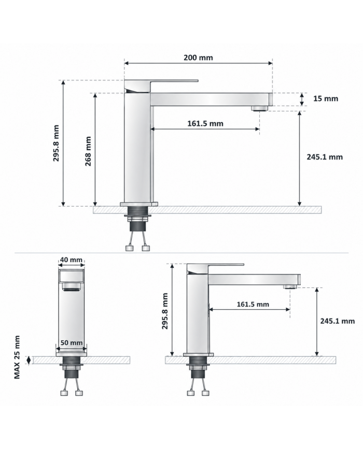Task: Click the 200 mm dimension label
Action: point(198,57)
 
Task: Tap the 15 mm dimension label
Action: point(326,99)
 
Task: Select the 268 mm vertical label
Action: point(88,151)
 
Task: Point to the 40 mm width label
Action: point(71,260)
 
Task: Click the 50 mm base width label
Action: point(72,343)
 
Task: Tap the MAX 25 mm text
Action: point(17,357)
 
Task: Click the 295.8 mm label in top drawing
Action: point(56,143)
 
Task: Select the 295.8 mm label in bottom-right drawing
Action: point(165,311)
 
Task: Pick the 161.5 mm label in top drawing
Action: point(205,123)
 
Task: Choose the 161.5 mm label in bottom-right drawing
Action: point(253,304)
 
